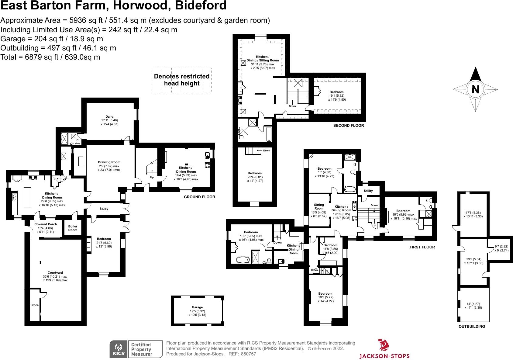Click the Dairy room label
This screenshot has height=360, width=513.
(109, 117)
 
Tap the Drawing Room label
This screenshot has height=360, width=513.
(109, 162)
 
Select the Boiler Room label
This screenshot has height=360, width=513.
(73, 228)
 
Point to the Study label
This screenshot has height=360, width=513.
(104, 209)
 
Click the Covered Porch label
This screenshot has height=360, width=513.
(46, 224)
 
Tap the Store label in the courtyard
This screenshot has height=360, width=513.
(35, 305)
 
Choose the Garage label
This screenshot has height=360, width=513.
(197, 307)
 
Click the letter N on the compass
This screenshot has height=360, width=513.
(475, 89)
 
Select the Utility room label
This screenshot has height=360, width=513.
(368, 191)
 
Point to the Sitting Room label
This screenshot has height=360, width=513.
(319, 206)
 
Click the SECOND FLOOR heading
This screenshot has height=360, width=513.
(349, 125)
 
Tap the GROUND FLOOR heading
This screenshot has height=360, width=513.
(199, 197)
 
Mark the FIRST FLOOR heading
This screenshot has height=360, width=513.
(422, 247)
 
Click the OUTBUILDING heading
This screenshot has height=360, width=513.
(472, 326)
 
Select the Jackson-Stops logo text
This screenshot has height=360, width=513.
(384, 356)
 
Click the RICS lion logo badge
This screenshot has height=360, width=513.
(119, 349)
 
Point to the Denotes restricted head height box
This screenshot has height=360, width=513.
(182, 81)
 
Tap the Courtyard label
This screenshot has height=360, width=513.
(55, 273)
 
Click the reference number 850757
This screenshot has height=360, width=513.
(248, 354)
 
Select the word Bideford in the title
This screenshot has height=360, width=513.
(201, 5)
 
